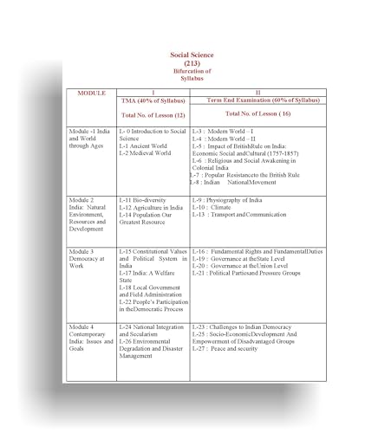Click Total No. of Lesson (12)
[153, 115]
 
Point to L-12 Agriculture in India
[153, 208]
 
